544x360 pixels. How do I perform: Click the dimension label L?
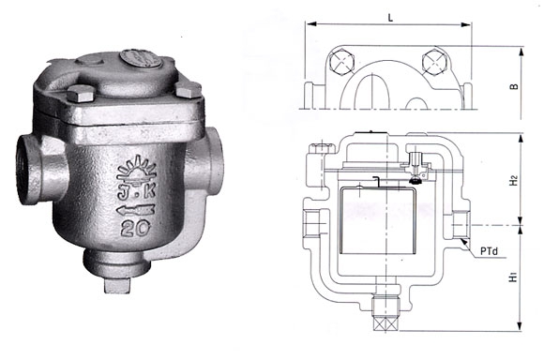coord(391,18)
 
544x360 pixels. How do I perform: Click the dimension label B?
coord(514,85)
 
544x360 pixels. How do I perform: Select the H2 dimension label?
coord(514,180)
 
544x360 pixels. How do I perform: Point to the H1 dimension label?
coord(513,277)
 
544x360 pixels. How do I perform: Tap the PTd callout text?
coord(490,251)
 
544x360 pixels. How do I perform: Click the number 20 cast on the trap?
coord(136,229)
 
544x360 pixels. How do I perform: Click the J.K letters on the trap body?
coord(136,192)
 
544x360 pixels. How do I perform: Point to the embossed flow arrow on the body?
coord(136,210)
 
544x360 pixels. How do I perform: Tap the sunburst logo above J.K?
coord(137,169)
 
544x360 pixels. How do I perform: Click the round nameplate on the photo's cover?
coord(141,58)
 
